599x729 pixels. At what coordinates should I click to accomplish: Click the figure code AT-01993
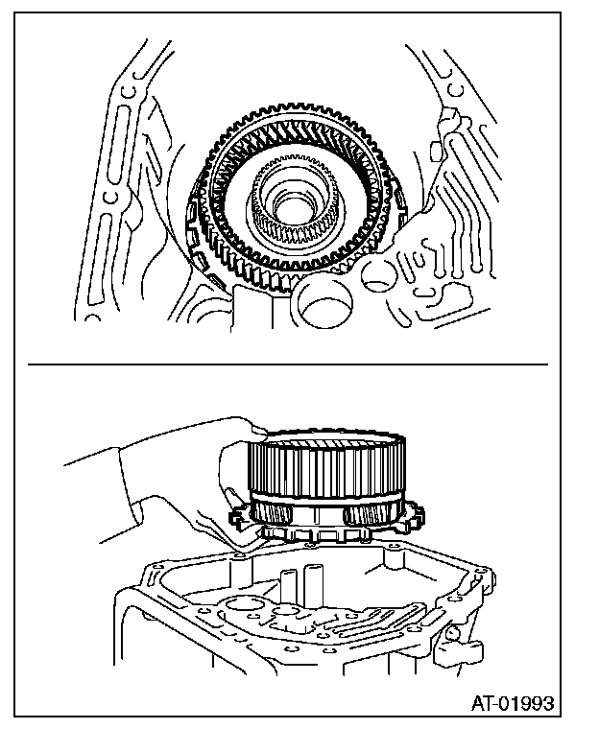[513, 704]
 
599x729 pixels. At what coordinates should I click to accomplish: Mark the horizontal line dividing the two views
[288, 364]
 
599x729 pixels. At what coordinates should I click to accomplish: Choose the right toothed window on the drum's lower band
[366, 519]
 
